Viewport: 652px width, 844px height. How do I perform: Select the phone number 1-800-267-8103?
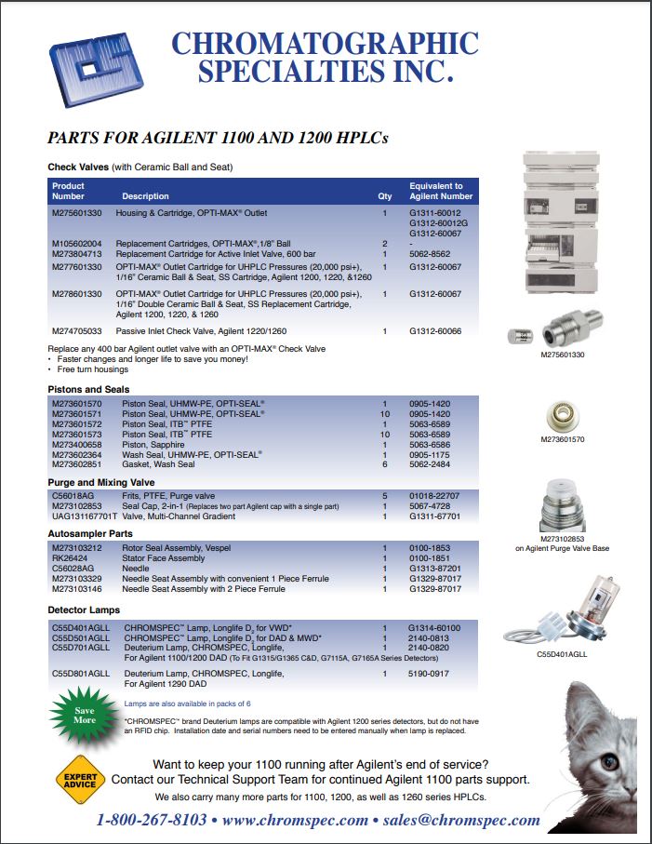coord(153,821)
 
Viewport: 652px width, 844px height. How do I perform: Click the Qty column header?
coord(384,196)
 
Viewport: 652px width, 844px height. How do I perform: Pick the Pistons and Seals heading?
coord(88,388)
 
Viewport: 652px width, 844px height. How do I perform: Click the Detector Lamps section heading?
coord(84,610)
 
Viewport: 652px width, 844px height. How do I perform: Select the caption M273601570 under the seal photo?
coord(563,439)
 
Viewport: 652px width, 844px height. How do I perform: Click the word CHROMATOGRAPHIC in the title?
coord(326,44)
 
